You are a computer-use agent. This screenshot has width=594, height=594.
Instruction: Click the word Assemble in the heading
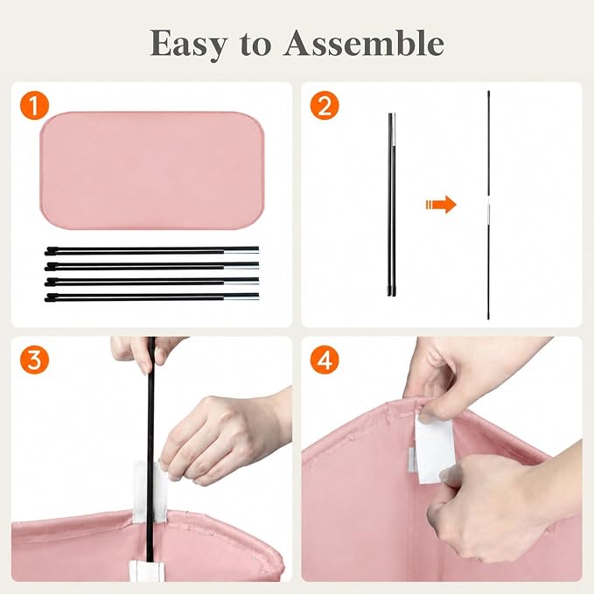click(364, 43)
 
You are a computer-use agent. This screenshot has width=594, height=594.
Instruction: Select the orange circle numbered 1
click(34, 105)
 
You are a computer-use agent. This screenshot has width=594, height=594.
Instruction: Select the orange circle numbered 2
click(325, 105)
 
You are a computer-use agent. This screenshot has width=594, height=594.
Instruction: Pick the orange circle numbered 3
click(34, 360)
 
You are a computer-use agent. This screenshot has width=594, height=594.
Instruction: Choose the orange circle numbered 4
click(325, 360)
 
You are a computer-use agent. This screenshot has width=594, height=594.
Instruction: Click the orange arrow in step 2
click(441, 205)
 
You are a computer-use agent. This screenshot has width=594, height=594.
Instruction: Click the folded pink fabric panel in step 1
click(151, 170)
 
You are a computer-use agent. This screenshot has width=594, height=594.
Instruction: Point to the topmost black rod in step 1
click(151, 250)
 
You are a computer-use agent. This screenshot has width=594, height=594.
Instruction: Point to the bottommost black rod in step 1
click(151, 297)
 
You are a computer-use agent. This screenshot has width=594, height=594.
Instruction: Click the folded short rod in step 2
click(392, 204)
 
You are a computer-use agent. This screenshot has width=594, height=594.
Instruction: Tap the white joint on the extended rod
click(489, 205)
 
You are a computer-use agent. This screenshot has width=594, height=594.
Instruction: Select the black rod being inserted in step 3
click(150, 447)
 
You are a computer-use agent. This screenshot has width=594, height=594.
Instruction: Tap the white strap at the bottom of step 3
click(147, 571)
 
